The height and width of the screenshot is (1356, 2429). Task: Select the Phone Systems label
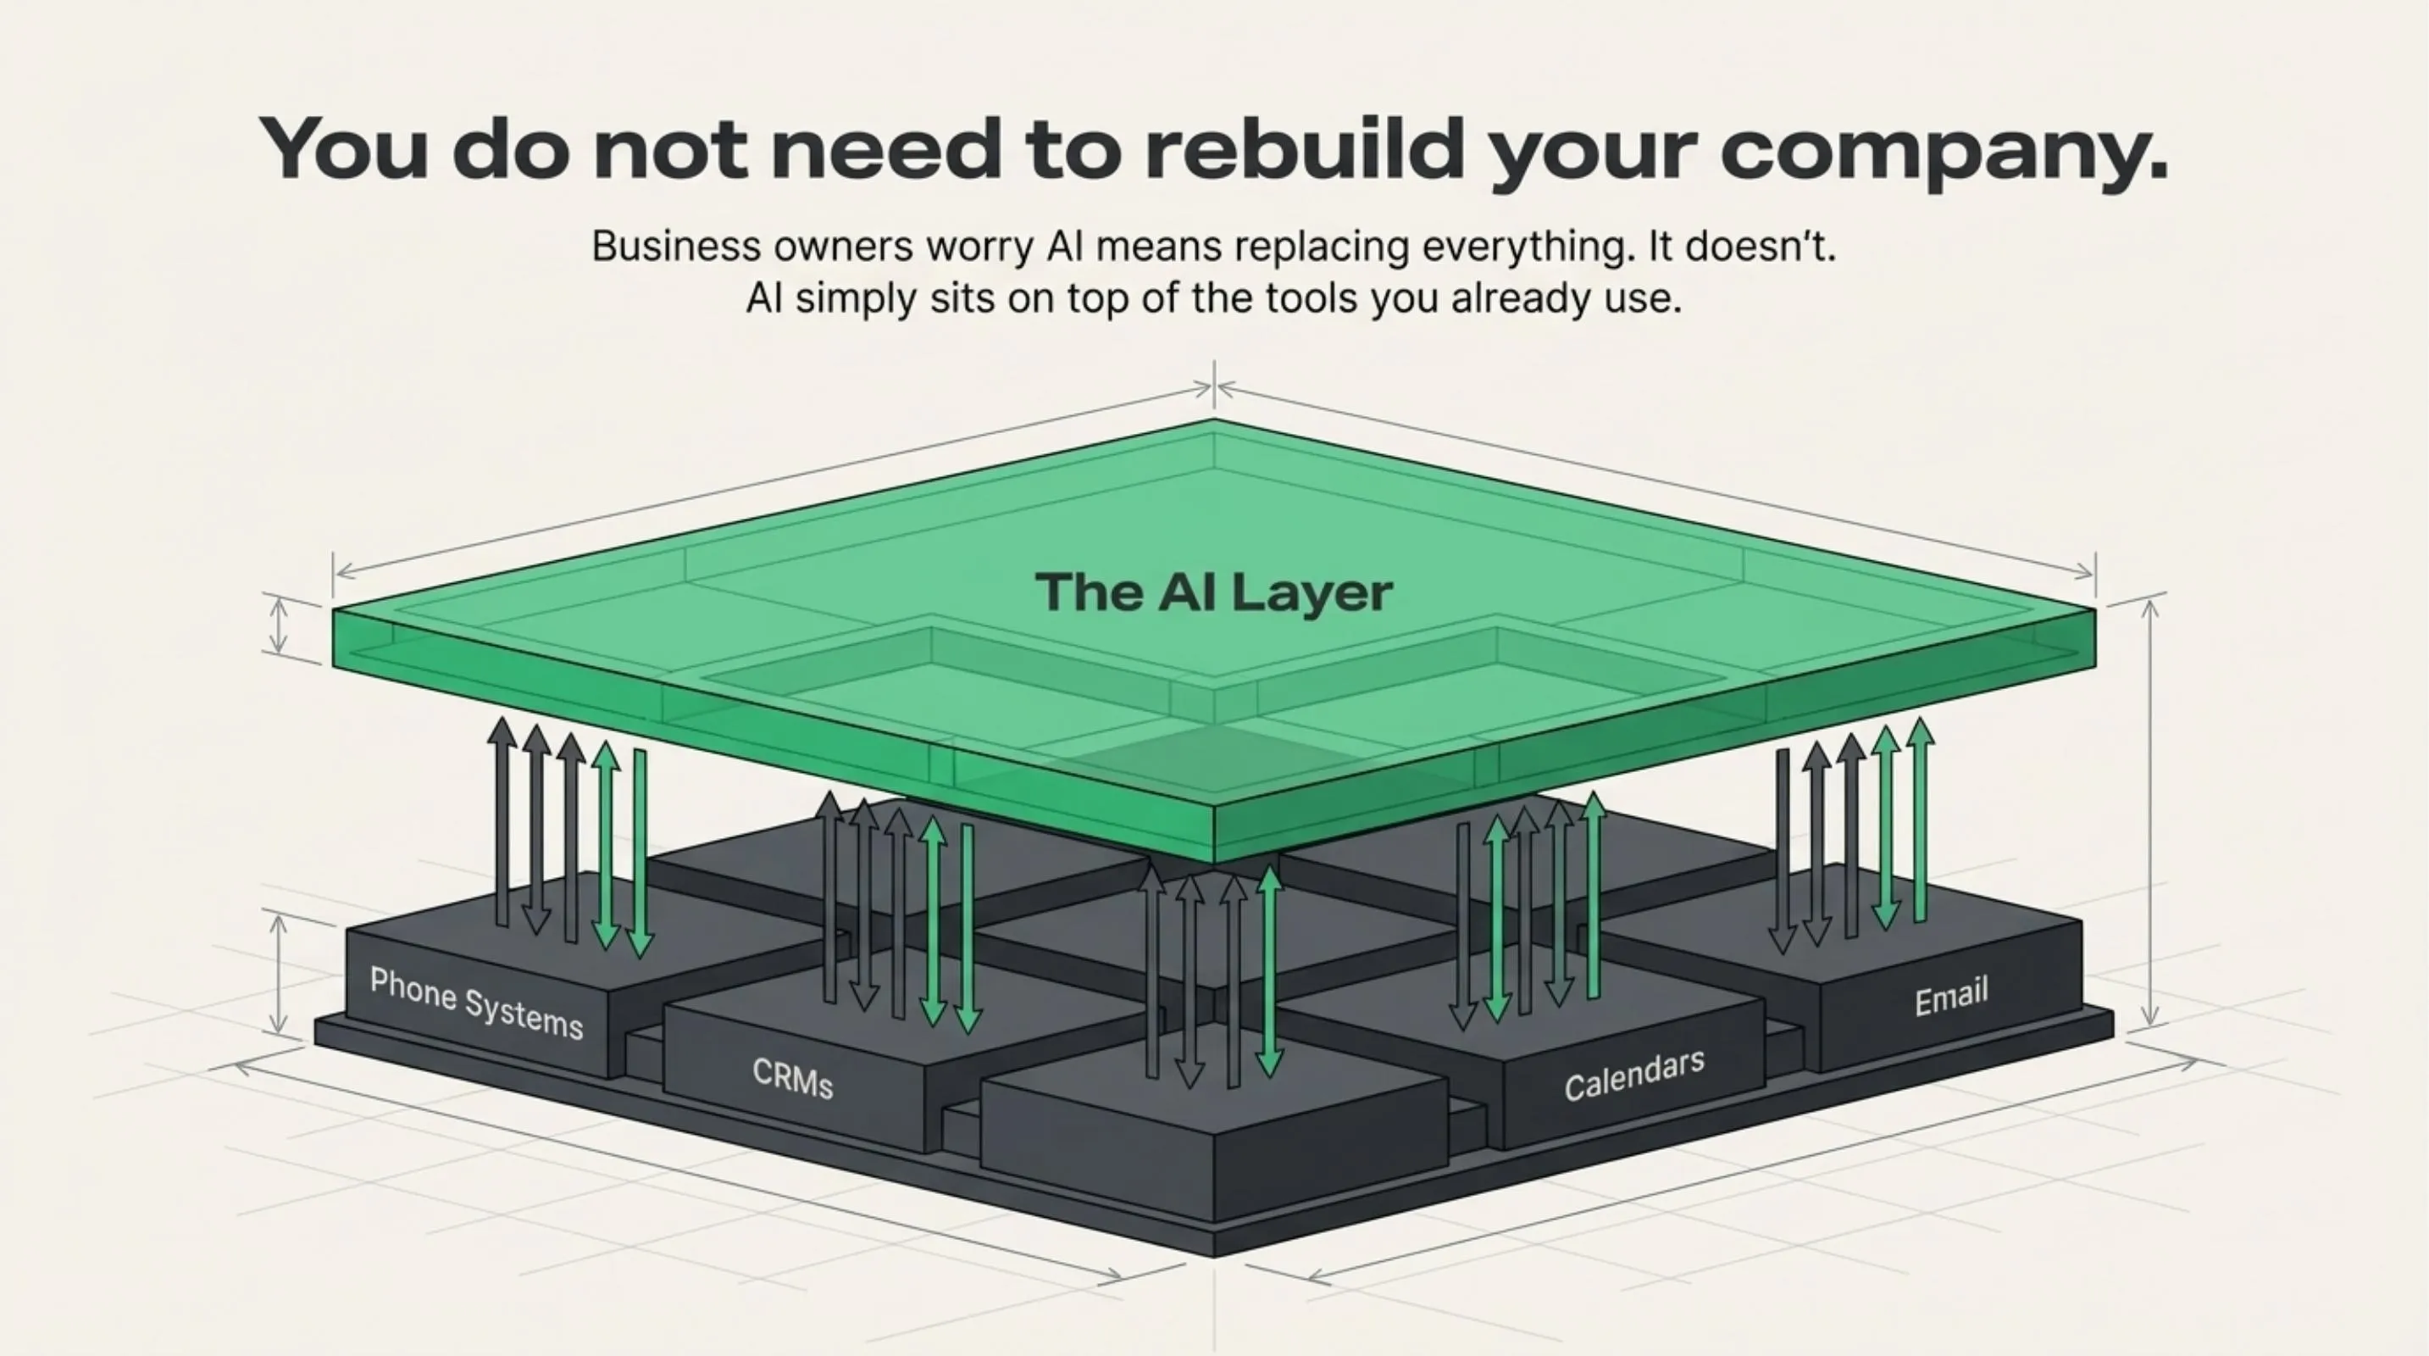(x=476, y=1003)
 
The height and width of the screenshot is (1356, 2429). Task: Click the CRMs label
(x=793, y=1078)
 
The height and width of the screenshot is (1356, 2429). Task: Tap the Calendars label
(x=1634, y=1075)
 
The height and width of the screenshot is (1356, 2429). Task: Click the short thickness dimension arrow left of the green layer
(x=278, y=626)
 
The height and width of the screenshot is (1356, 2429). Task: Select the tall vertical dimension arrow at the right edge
(x=2150, y=811)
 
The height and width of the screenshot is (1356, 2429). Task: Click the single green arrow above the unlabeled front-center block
(x=1270, y=971)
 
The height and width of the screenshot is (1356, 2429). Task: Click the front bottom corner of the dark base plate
(x=1215, y=1254)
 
